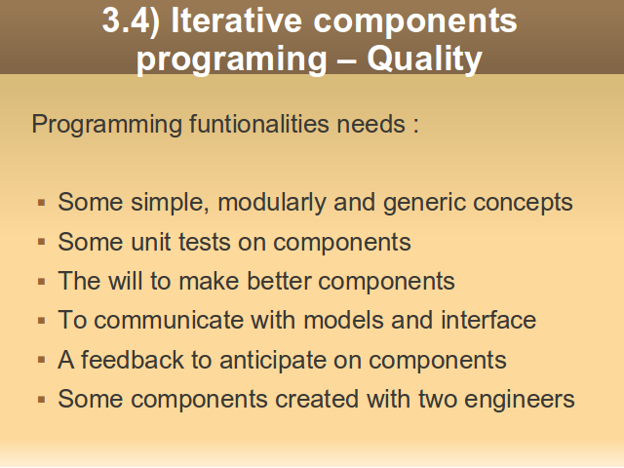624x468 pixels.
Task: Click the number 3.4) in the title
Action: click(x=131, y=21)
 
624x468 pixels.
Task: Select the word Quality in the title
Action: click(x=425, y=59)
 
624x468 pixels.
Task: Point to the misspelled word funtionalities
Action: click(x=259, y=124)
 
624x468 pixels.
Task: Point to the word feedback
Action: click(x=133, y=360)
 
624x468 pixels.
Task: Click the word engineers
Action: click(x=520, y=400)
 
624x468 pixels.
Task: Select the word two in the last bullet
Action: click(x=438, y=400)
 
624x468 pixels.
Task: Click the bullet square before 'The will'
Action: click(x=41, y=282)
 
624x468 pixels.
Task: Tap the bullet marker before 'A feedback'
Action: click(x=41, y=361)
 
